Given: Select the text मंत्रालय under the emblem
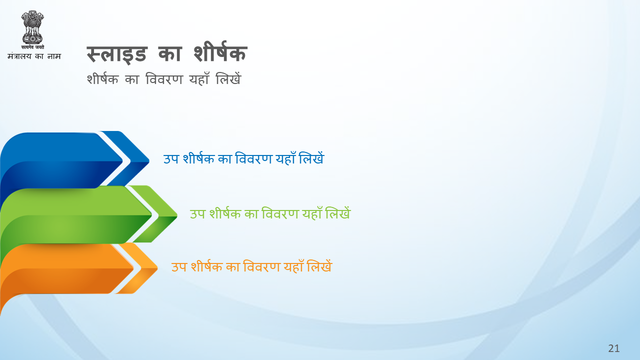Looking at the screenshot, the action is click(19, 56).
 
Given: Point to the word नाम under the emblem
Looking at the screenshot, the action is click(54, 56).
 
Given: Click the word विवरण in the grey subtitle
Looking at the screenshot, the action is click(164, 79).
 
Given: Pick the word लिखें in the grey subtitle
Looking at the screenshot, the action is click(228, 78).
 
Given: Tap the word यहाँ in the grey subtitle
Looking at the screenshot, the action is click(199, 78).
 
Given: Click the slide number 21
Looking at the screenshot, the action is click(613, 348).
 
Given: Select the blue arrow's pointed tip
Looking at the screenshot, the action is click(149, 161).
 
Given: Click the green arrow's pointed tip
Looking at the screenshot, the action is click(177, 215).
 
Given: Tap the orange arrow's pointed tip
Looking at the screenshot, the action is click(157, 268).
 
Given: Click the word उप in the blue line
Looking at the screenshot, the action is click(171, 159).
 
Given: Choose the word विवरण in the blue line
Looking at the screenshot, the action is click(253, 158).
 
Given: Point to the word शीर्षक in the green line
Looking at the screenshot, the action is click(225, 213).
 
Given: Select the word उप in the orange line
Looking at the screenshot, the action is click(179, 267).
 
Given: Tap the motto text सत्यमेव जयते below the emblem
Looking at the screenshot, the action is click(32, 47).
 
